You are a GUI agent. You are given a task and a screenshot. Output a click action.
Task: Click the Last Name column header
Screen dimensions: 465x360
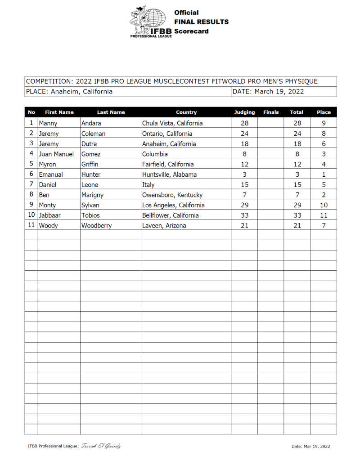(x=111, y=112)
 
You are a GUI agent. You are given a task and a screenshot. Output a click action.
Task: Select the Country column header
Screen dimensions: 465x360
(x=186, y=112)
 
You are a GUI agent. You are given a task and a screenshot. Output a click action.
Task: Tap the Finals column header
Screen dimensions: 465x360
(x=270, y=112)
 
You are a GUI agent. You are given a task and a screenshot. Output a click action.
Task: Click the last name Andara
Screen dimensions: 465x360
(x=91, y=123)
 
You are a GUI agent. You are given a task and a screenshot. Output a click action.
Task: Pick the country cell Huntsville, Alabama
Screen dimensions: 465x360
(x=169, y=174)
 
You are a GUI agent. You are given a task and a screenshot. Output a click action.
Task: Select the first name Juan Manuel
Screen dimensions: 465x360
(x=56, y=154)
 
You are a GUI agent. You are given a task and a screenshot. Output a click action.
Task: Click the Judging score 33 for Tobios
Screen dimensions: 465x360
(x=244, y=215)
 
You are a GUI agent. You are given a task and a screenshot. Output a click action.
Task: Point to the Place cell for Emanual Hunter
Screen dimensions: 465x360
(x=324, y=174)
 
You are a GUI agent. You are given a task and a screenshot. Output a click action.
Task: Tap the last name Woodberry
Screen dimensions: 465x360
(x=96, y=226)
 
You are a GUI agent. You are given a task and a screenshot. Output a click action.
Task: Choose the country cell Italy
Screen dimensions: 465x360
(x=148, y=185)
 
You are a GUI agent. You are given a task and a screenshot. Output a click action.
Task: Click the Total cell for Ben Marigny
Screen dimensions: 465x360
(x=297, y=195)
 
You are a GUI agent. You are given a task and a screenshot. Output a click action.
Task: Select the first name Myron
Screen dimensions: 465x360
(x=47, y=165)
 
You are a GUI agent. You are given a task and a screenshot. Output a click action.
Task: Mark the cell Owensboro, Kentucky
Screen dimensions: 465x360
(x=172, y=195)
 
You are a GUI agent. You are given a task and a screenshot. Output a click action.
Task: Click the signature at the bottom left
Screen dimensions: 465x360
(x=101, y=446)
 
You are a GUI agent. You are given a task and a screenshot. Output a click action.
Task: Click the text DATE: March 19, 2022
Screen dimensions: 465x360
(x=268, y=92)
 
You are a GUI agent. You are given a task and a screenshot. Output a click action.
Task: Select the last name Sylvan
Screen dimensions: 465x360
(x=90, y=206)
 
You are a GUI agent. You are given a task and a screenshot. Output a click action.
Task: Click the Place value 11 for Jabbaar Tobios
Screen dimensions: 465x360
(x=324, y=215)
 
